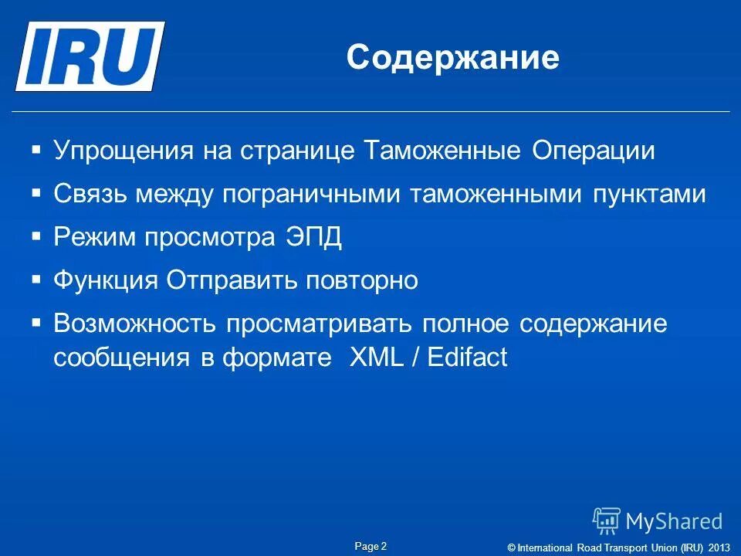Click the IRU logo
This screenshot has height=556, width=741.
click(x=90, y=56)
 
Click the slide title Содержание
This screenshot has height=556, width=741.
click(x=452, y=58)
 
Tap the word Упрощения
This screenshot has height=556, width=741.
click(x=123, y=151)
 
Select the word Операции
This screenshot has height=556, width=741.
click(x=593, y=151)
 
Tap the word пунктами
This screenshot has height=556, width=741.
click(x=649, y=195)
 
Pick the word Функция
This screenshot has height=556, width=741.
click(x=107, y=281)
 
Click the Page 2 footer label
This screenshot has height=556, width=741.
click(x=370, y=546)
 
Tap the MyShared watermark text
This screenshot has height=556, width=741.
click(x=674, y=521)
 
